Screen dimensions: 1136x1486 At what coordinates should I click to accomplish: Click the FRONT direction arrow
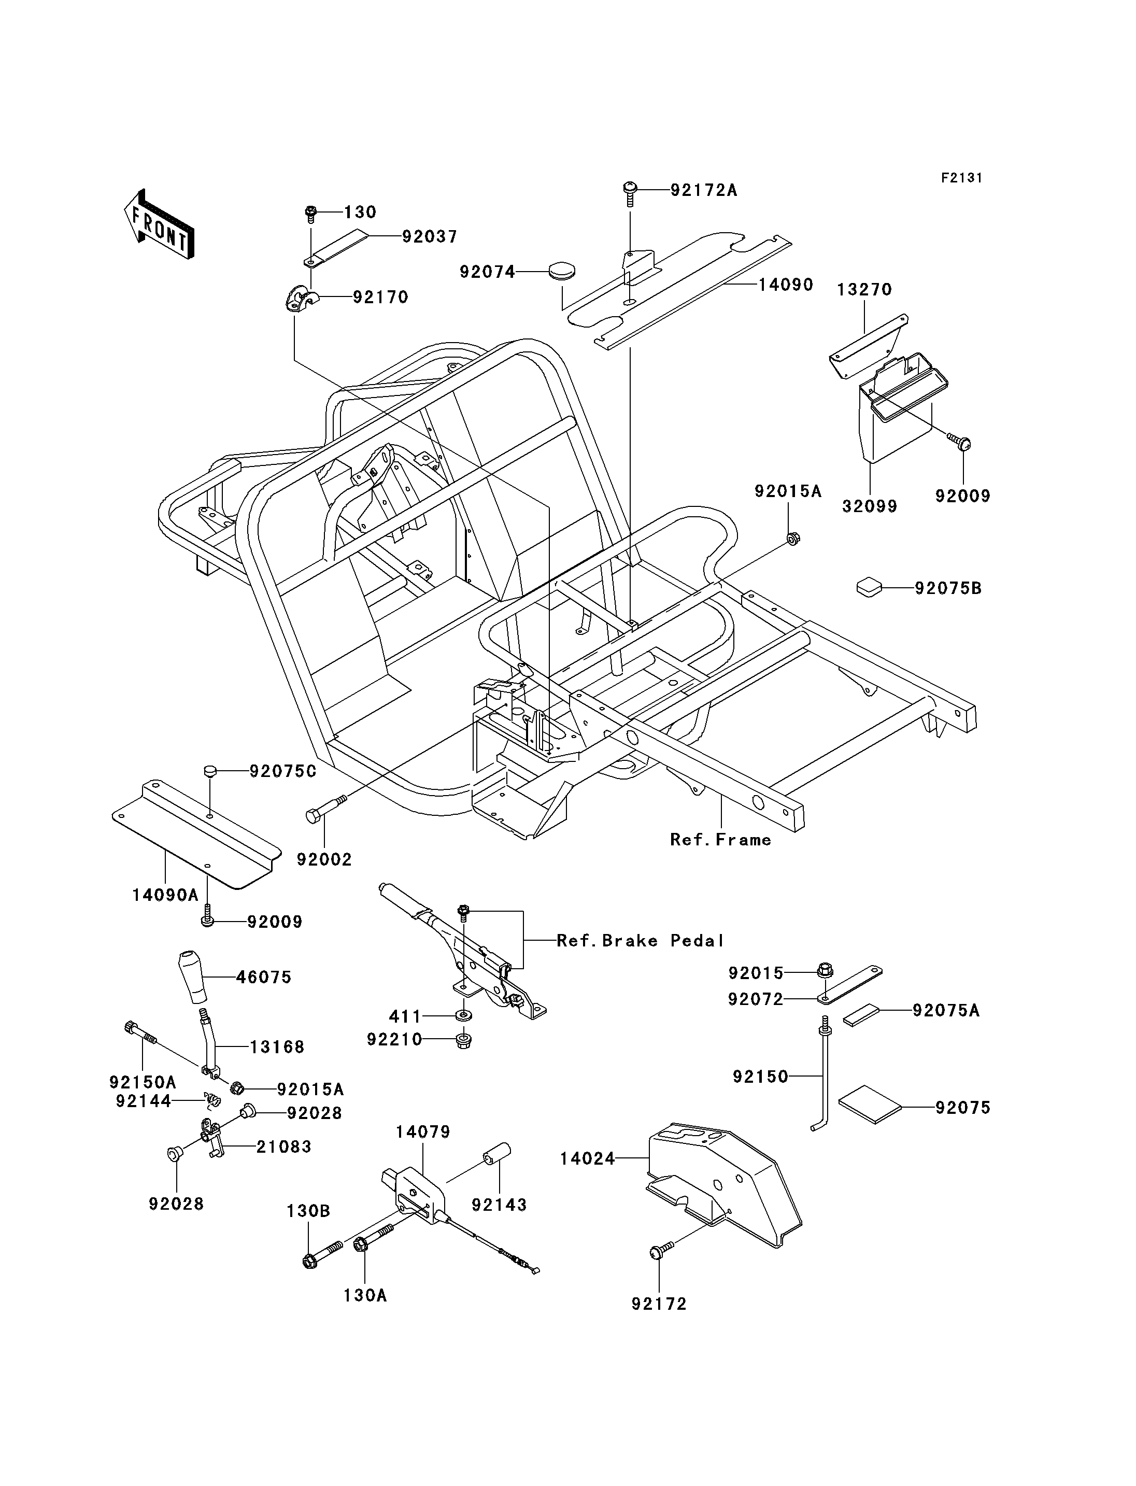(159, 224)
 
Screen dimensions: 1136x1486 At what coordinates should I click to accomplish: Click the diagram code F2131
(961, 178)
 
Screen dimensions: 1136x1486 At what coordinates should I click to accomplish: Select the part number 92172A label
(704, 191)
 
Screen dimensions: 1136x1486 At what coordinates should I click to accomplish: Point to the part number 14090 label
(785, 285)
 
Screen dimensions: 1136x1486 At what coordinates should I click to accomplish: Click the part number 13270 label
(864, 290)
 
